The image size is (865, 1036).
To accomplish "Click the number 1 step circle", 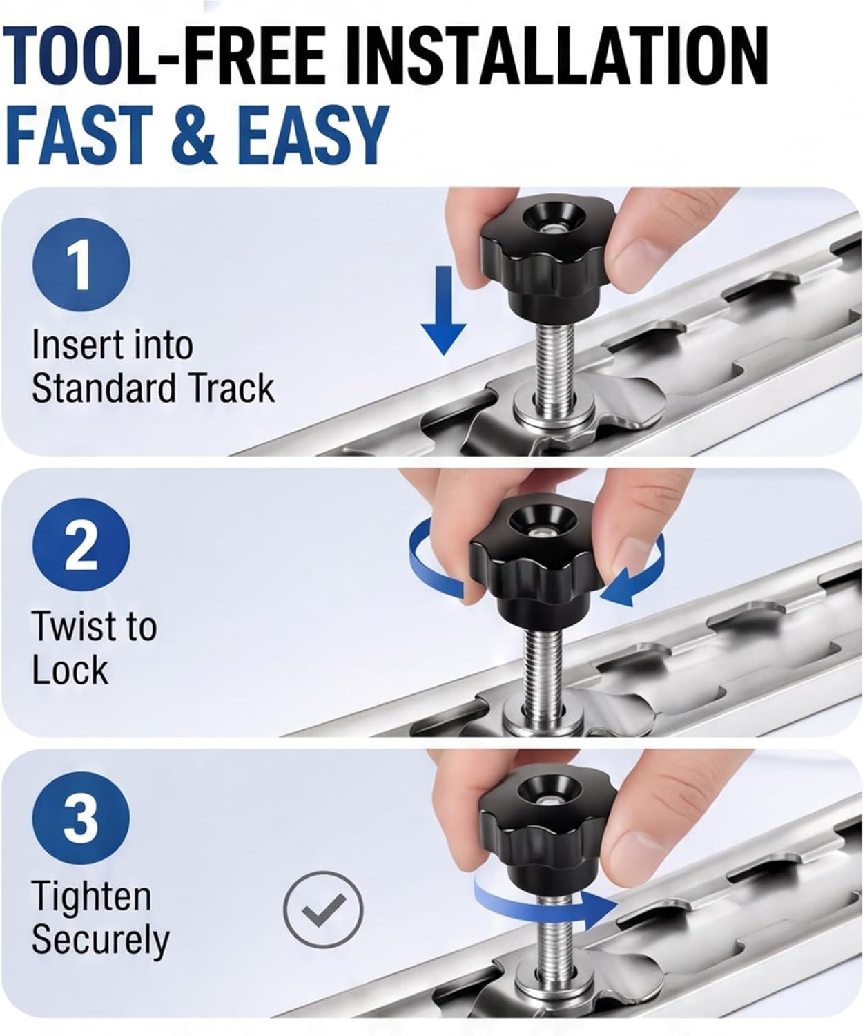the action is (x=81, y=265).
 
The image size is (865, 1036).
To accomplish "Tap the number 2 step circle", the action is (x=81, y=546).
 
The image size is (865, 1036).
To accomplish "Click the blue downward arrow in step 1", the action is (x=443, y=311).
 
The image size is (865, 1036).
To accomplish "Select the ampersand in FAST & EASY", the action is (x=193, y=134).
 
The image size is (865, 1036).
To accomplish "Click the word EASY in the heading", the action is (x=312, y=134).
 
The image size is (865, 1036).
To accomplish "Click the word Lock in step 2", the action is (x=70, y=670).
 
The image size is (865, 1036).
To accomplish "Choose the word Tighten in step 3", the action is (x=91, y=896).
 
